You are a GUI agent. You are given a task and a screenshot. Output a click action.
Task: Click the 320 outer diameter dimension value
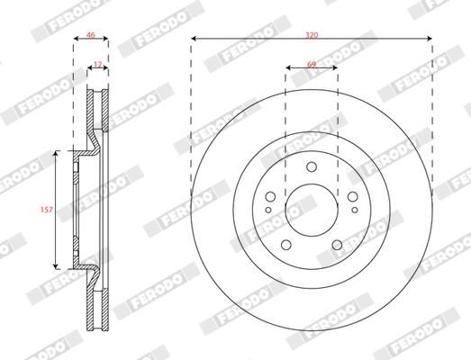(311, 33)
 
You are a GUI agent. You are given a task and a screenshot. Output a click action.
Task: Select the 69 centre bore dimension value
(311, 64)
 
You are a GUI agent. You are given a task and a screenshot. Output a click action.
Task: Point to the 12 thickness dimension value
(97, 63)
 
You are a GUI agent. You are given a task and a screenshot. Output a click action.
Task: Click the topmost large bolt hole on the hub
(311, 166)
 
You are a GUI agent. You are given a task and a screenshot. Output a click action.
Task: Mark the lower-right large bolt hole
(336, 244)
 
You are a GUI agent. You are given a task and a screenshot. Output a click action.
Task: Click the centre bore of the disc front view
(311, 207)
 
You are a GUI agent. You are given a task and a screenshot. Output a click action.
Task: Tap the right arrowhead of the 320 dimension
(428, 40)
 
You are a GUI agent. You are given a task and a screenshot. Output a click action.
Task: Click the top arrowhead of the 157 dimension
(58, 154)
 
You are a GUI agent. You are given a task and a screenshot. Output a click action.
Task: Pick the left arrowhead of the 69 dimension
(288, 70)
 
